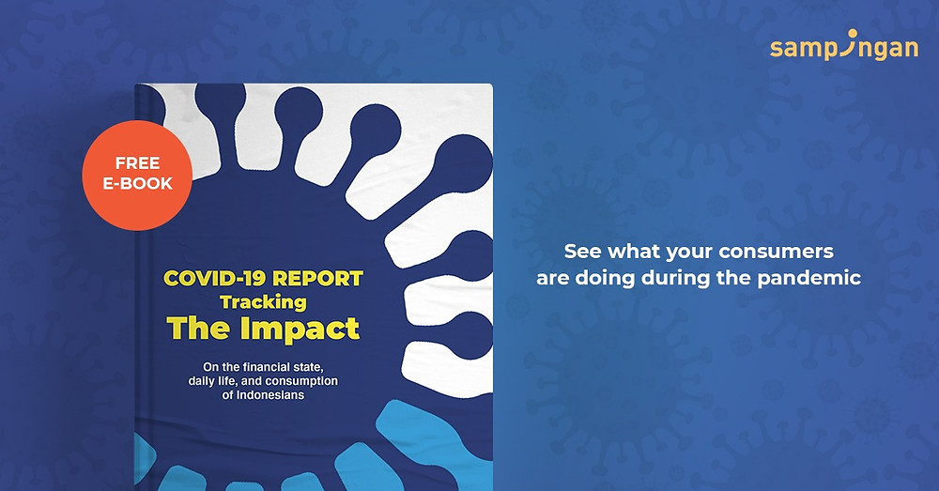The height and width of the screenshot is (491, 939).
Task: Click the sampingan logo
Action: (x=844, y=45)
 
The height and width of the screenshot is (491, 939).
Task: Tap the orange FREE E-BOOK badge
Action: (x=137, y=175)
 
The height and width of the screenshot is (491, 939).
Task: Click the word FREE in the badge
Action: (x=138, y=162)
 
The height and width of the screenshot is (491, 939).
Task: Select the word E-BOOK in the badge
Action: (x=138, y=183)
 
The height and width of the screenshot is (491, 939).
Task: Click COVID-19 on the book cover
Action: (x=215, y=279)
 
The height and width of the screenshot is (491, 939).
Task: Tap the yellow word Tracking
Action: (x=264, y=302)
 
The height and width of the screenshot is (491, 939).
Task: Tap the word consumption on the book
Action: (x=301, y=381)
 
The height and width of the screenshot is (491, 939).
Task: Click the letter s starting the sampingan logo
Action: (x=777, y=49)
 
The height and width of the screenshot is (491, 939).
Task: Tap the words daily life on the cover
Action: (x=211, y=381)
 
